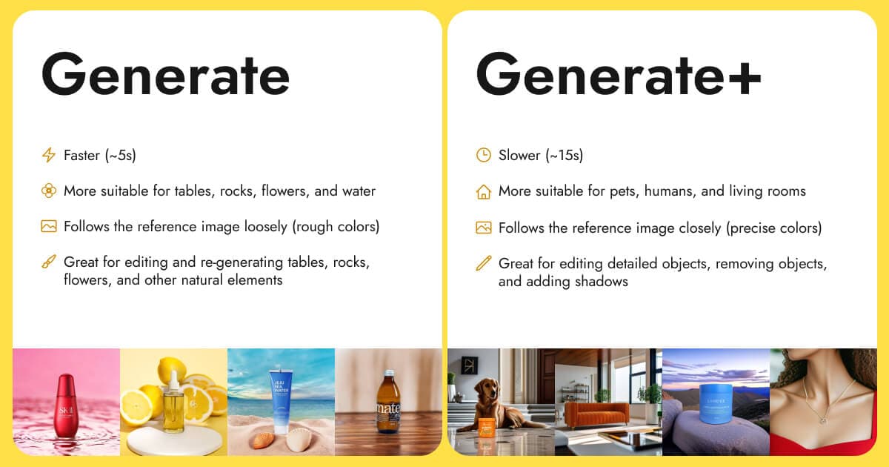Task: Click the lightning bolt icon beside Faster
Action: click(49, 155)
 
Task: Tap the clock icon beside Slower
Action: click(483, 155)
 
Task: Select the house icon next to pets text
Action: click(483, 191)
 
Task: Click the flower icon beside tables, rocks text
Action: click(49, 191)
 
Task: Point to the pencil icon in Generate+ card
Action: click(483, 263)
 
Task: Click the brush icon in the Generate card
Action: click(49, 262)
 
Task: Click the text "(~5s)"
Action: click(120, 155)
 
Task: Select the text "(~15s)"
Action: click(564, 155)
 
